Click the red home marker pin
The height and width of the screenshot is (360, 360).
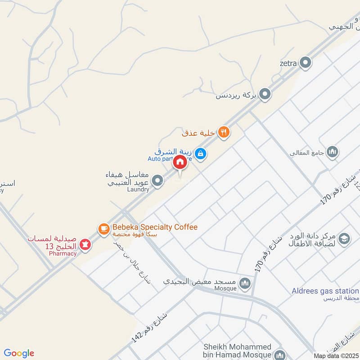coord(180,162)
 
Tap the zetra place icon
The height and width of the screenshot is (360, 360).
coord(306,63)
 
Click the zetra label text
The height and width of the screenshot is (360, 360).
coord(288,63)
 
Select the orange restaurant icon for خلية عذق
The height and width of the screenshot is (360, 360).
coord(224,132)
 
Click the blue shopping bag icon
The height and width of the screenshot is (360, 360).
coord(201,154)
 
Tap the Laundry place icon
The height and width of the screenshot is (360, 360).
coord(157,181)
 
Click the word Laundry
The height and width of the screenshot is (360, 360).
coord(138,189)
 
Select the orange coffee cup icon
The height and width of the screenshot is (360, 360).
coord(104,229)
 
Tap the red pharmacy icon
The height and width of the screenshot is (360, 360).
coord(84,244)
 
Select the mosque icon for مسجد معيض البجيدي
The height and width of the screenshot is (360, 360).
coord(245,283)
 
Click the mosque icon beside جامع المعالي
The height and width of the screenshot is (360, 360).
coord(333,152)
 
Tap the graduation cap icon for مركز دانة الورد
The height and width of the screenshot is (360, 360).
coord(344,239)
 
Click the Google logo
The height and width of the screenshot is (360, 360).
coord(19,353)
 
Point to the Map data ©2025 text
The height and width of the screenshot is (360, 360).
coord(336,356)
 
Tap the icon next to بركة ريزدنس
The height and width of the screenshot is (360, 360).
coord(265,94)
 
